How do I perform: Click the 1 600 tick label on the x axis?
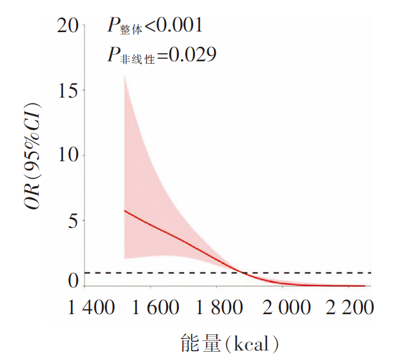(x=155, y=308)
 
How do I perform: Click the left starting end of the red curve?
(x=124, y=210)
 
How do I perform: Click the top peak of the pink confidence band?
(x=124, y=76)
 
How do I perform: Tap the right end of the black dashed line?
(x=371, y=273)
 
